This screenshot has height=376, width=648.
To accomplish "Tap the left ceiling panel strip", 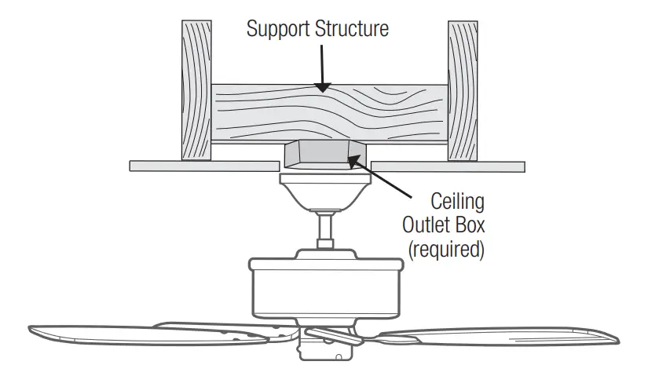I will click(203, 166).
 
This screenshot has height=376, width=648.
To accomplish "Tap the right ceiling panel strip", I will click(448, 166).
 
